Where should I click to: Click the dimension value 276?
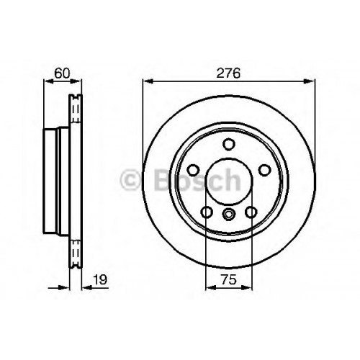[228, 73]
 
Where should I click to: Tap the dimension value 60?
[62, 73]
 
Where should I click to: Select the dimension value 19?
[100, 279]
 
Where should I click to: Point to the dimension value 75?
[229, 279]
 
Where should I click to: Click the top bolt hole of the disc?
[228, 144]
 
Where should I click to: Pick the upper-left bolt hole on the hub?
[193, 170]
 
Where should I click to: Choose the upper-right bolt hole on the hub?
[264, 170]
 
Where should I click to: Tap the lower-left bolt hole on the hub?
[207, 212]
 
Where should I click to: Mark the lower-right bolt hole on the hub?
[251, 212]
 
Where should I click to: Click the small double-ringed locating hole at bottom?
[228, 214]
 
